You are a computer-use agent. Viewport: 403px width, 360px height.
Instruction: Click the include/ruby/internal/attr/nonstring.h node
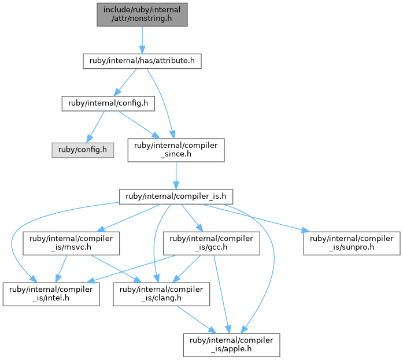click(142, 14)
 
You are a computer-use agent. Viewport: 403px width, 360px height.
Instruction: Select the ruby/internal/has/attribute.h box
click(142, 61)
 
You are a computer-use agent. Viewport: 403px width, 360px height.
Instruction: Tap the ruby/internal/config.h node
click(108, 103)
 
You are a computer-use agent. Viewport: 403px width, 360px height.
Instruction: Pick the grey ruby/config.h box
click(83, 150)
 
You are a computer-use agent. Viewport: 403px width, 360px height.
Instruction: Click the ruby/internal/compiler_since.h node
click(176, 150)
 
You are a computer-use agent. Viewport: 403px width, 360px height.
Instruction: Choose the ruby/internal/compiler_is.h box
click(176, 197)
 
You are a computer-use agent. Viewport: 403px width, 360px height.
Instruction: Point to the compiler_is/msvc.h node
click(71, 243)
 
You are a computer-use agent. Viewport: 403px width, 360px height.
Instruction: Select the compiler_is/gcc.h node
click(212, 243)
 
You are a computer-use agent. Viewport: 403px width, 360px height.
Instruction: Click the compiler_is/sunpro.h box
click(352, 243)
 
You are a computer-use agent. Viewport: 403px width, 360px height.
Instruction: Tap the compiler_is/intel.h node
click(51, 294)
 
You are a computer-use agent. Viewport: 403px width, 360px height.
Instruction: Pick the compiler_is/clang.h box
click(161, 294)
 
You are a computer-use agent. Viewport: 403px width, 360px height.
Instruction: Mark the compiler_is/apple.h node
click(232, 345)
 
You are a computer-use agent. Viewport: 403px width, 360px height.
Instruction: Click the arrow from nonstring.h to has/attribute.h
click(142, 40)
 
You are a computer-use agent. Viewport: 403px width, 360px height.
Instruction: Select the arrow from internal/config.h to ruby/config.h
click(95, 127)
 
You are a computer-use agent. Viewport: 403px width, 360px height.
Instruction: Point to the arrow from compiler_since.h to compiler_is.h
click(176, 176)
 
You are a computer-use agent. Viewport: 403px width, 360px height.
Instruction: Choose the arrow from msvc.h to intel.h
click(61, 269)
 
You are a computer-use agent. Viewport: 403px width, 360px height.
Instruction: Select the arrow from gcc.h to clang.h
click(186, 269)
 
